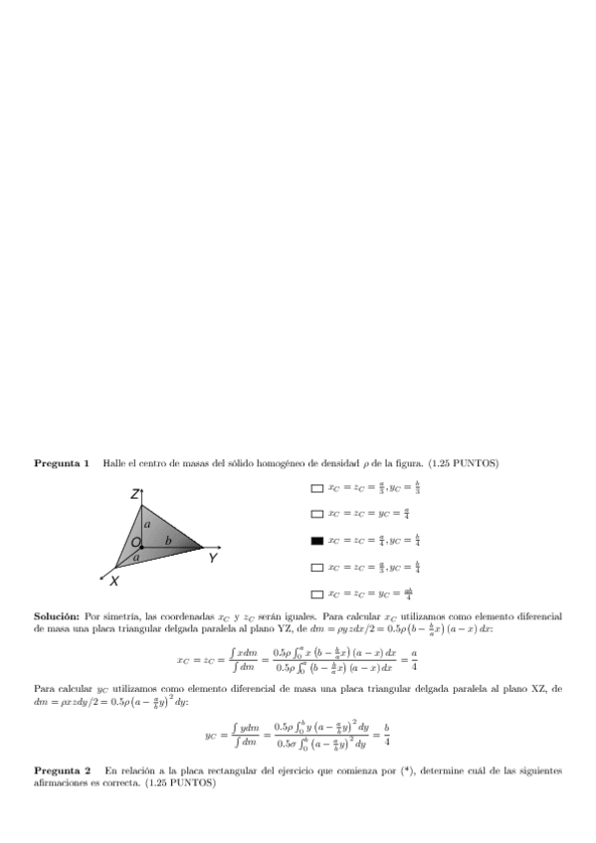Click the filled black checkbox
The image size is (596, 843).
point(316,541)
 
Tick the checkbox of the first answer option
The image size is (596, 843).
point(316,488)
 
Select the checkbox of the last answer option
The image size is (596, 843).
point(316,593)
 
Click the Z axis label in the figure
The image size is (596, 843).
point(134,494)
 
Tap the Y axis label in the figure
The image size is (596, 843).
point(213,560)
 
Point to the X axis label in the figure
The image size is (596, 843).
point(114,581)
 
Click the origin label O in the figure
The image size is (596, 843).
point(135,543)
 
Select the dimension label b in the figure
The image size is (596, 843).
point(167,540)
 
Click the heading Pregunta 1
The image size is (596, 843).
point(62,463)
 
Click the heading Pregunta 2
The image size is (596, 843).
point(62,770)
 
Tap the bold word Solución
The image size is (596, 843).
point(57,616)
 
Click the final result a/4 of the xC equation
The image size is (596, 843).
point(414,659)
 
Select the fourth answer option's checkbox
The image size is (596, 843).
point(316,568)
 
